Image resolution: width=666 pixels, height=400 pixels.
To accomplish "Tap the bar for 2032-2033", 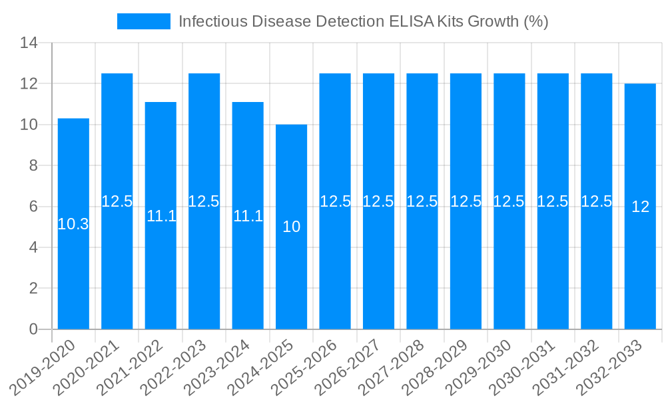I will (x=640, y=206).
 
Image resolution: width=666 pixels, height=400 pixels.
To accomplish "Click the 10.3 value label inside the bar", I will (x=73, y=225).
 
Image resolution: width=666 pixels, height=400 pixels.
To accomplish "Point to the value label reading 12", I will (x=640, y=207).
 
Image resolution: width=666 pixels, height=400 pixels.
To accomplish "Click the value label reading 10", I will (x=292, y=227).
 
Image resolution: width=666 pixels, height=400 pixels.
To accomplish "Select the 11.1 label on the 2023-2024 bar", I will (x=248, y=216).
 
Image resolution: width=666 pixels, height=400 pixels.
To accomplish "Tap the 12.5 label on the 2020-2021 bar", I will (x=117, y=201).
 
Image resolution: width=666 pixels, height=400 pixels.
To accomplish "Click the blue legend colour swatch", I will (x=144, y=21).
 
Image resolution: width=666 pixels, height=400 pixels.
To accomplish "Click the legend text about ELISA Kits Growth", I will (x=363, y=21).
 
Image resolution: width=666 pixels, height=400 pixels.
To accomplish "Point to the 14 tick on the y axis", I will (x=30, y=43).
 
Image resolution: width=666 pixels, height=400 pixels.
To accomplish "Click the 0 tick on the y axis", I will (x=34, y=329).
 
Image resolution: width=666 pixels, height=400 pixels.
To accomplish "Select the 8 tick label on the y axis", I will (x=34, y=166).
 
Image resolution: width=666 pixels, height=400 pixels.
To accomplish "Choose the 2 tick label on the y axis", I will (x=34, y=289).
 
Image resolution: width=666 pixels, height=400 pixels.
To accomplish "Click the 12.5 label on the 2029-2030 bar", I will (x=509, y=201).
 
